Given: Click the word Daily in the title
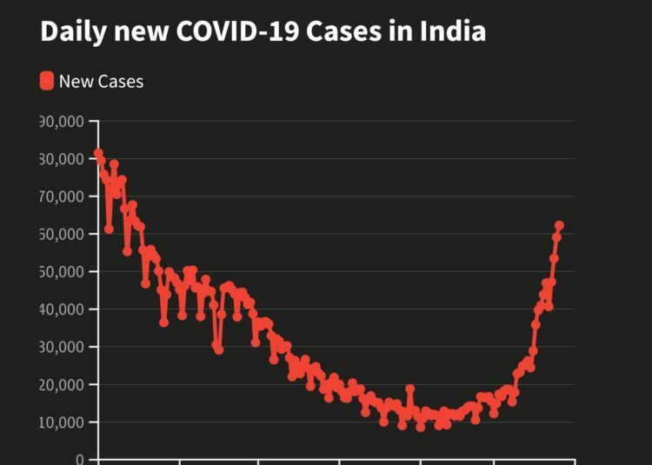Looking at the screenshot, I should click(x=70, y=31).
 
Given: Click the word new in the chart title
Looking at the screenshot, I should click(x=138, y=31).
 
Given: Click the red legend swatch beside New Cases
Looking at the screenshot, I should click(x=47, y=82).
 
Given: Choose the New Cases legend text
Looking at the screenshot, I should click(x=101, y=82).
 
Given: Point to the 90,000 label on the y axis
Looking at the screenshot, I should click(x=61, y=121).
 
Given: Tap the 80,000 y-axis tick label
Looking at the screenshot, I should click(x=61, y=159).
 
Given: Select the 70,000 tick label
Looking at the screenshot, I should click(x=61, y=196).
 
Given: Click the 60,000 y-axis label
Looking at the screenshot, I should click(x=61, y=234).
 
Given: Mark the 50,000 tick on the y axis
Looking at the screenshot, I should click(x=61, y=272).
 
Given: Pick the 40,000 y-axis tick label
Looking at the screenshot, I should click(x=61, y=309).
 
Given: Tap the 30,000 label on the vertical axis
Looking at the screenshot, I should click(x=61, y=347).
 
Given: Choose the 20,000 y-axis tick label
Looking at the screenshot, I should click(x=61, y=384).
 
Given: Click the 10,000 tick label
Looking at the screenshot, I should click(x=61, y=422).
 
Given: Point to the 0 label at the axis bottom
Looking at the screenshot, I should click(x=80, y=459).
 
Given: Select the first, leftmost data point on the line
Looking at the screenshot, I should click(x=98, y=153).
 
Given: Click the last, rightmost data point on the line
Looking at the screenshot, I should click(x=559, y=226).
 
